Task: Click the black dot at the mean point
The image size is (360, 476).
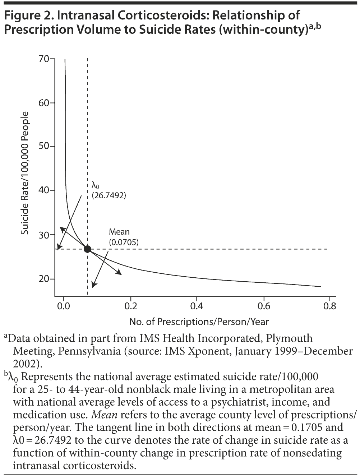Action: coord(87,249)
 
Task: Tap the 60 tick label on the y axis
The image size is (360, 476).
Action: coord(44,103)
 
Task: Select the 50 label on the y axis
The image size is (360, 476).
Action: coord(44,147)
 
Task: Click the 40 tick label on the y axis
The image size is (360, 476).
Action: coord(44,191)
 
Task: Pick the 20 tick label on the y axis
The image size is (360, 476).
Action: coord(44,279)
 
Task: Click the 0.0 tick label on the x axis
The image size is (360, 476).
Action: coord(64,306)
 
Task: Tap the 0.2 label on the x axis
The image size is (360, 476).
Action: coord(130,306)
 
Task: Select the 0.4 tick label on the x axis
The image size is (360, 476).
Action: coord(197,306)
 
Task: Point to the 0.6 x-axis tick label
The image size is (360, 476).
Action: coord(264,306)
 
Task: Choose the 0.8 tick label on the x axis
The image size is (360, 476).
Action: coord(329,306)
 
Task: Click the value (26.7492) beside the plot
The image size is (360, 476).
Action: coord(109,196)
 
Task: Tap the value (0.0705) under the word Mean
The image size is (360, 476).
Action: coord(124,242)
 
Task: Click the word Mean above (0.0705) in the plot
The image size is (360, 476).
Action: coord(119,232)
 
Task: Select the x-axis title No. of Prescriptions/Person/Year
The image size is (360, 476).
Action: coord(199,322)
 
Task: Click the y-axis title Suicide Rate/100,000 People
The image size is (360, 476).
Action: coord(24,173)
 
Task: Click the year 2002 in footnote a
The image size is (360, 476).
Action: coord(24,363)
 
